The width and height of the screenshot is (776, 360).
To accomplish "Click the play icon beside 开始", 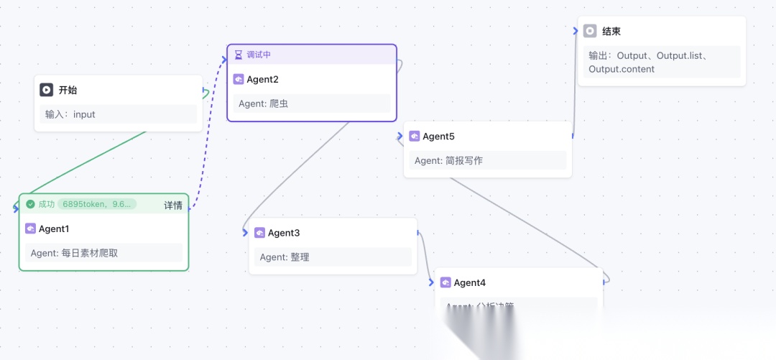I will [46, 90].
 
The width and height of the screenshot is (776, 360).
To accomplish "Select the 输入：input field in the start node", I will [116, 114].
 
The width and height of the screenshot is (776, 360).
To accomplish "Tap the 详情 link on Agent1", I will [173, 205].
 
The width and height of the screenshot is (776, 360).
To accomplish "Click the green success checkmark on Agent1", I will [30, 204].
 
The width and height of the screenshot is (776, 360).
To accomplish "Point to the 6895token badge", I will [97, 204].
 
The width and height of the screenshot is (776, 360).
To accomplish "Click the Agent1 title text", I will [54, 229].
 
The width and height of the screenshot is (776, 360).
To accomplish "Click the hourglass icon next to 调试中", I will [239, 55].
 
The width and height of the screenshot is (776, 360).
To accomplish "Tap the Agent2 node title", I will [262, 79].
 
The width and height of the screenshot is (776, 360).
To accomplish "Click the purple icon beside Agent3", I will [259, 233].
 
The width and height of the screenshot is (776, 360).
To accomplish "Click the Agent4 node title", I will [470, 282].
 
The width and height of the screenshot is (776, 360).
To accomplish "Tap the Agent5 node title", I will [438, 137].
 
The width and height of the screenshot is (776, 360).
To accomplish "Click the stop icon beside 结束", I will [590, 31].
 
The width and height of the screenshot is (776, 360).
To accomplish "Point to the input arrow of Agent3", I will [245, 232].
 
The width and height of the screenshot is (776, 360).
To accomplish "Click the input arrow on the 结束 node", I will [575, 31].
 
